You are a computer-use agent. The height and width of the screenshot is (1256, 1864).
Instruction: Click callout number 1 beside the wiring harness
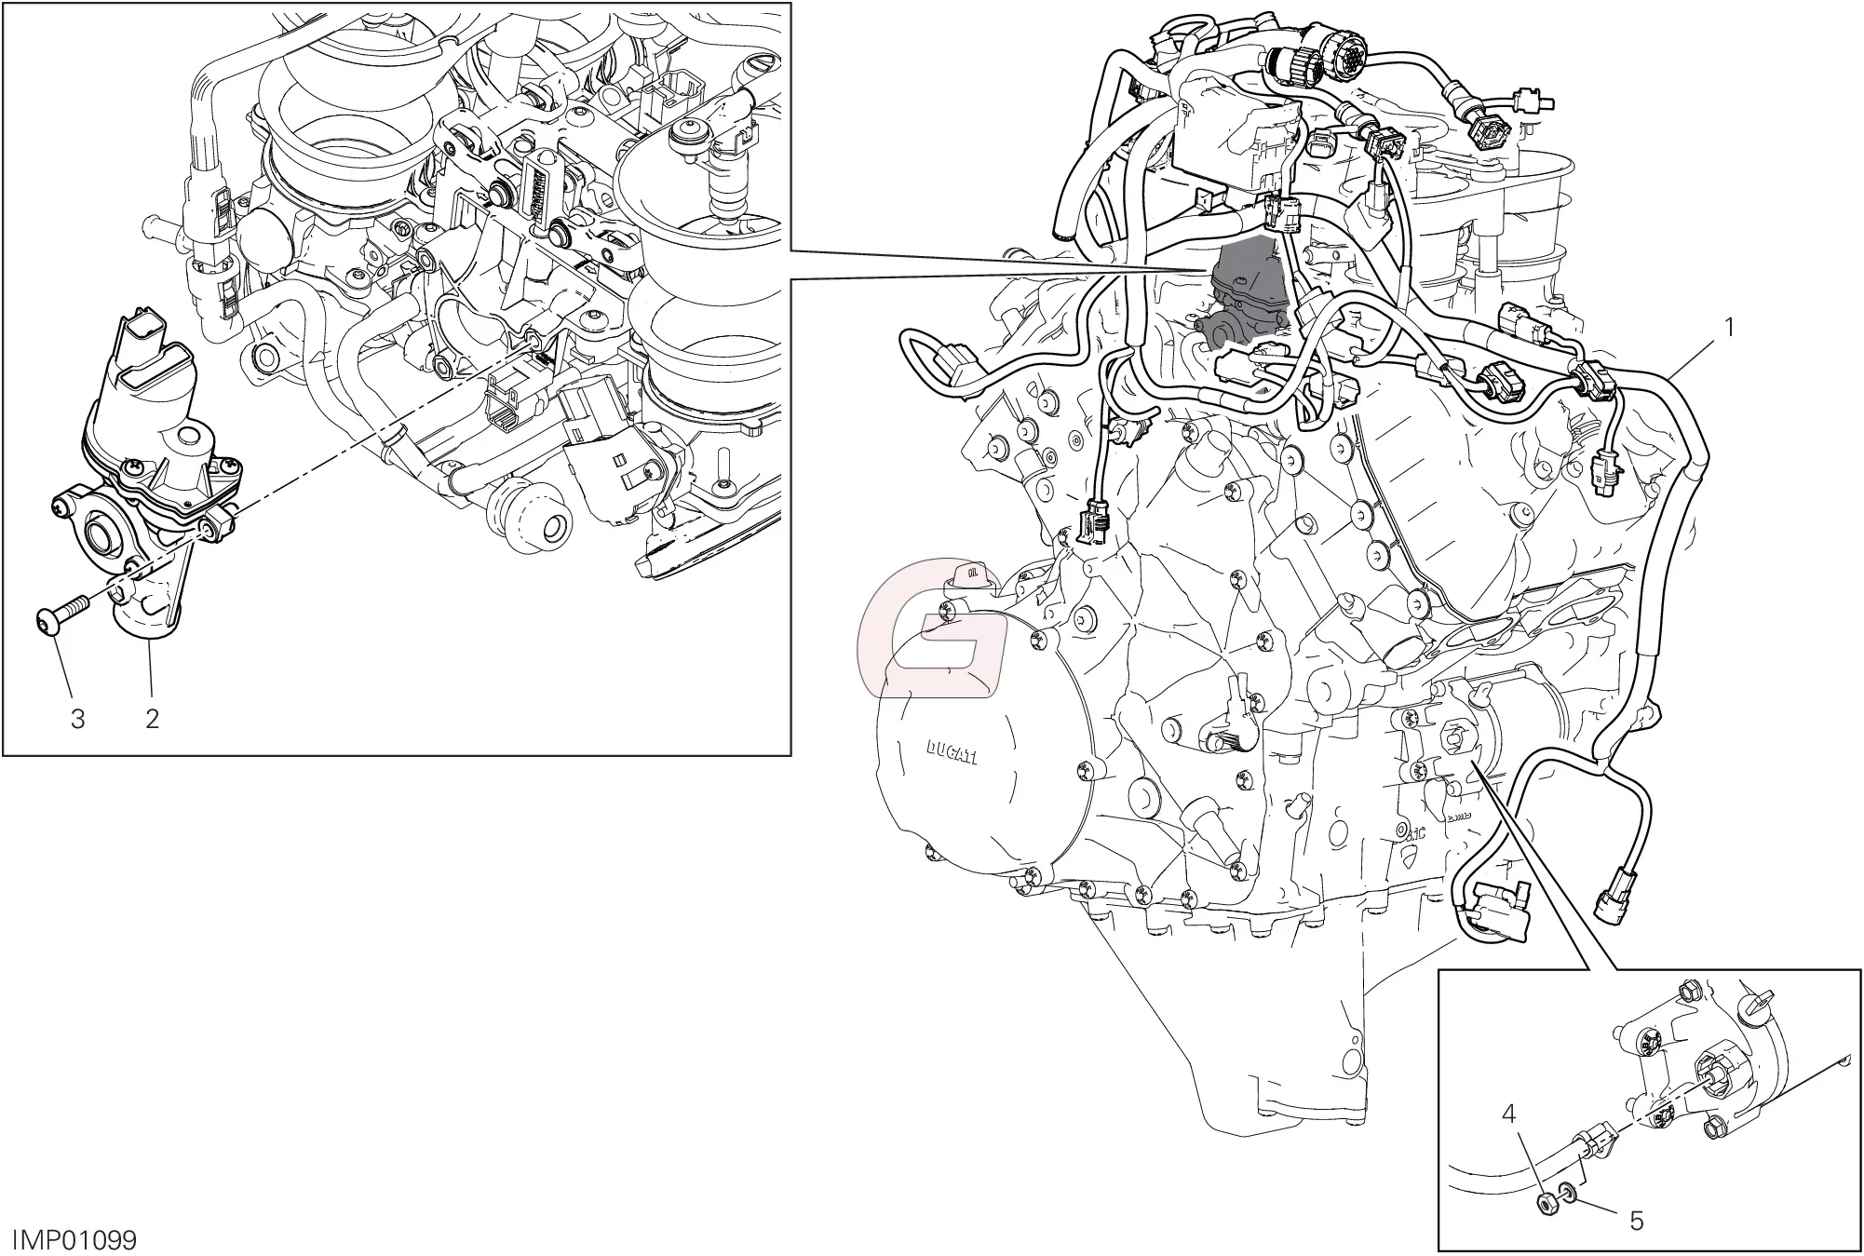1729,329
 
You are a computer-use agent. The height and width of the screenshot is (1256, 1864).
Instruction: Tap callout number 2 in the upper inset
152,718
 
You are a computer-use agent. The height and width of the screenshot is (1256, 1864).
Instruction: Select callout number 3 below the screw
78,718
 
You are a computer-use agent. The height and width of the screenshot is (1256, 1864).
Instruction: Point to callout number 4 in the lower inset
1510,1114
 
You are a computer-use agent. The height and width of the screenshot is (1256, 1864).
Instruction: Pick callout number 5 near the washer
1637,1221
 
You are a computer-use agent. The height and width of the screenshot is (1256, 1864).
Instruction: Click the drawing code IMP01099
74,1240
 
